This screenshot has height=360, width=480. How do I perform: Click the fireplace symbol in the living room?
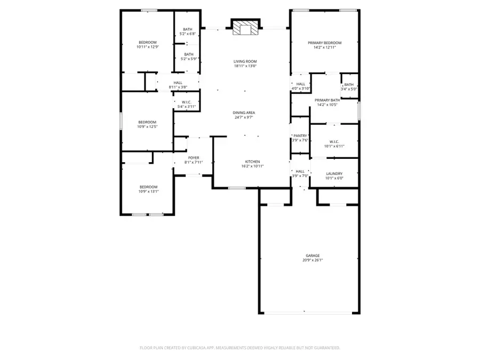point(245,28)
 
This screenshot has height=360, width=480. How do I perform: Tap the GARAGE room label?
point(313,255)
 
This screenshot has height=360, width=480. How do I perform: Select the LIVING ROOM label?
point(245,61)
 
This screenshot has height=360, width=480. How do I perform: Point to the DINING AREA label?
point(244,113)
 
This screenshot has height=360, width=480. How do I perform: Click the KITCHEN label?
point(252,162)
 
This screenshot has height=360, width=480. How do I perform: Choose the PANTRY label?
point(300,136)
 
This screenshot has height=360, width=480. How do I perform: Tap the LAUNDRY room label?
point(334,174)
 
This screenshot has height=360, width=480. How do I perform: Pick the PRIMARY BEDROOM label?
point(324,43)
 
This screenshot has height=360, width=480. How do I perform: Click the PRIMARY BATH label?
point(327,100)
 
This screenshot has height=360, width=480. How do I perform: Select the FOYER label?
point(193,158)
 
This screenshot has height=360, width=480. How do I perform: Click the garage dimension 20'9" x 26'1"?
point(313,260)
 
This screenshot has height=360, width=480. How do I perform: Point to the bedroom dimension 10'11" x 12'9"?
point(148,47)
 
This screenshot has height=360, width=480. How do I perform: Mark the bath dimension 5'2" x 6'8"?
point(188,34)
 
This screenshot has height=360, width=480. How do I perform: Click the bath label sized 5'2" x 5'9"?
point(188,54)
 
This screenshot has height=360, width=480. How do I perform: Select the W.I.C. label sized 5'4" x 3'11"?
point(187,102)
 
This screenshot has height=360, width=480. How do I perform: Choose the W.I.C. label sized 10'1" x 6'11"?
point(334,141)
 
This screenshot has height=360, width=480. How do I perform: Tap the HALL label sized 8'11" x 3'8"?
point(178,83)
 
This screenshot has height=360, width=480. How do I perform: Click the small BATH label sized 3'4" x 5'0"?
point(349,84)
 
